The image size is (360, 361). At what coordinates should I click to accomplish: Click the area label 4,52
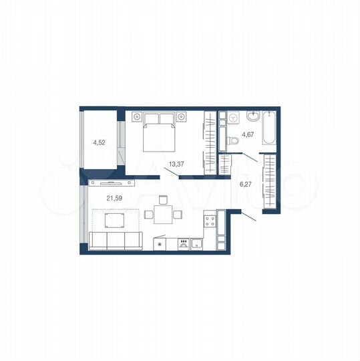[98, 142]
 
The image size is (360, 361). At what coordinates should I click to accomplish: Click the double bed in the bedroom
[160, 130]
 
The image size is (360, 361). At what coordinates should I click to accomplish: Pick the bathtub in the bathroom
[268, 129]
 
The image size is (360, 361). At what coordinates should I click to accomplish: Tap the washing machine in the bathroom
[233, 118]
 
